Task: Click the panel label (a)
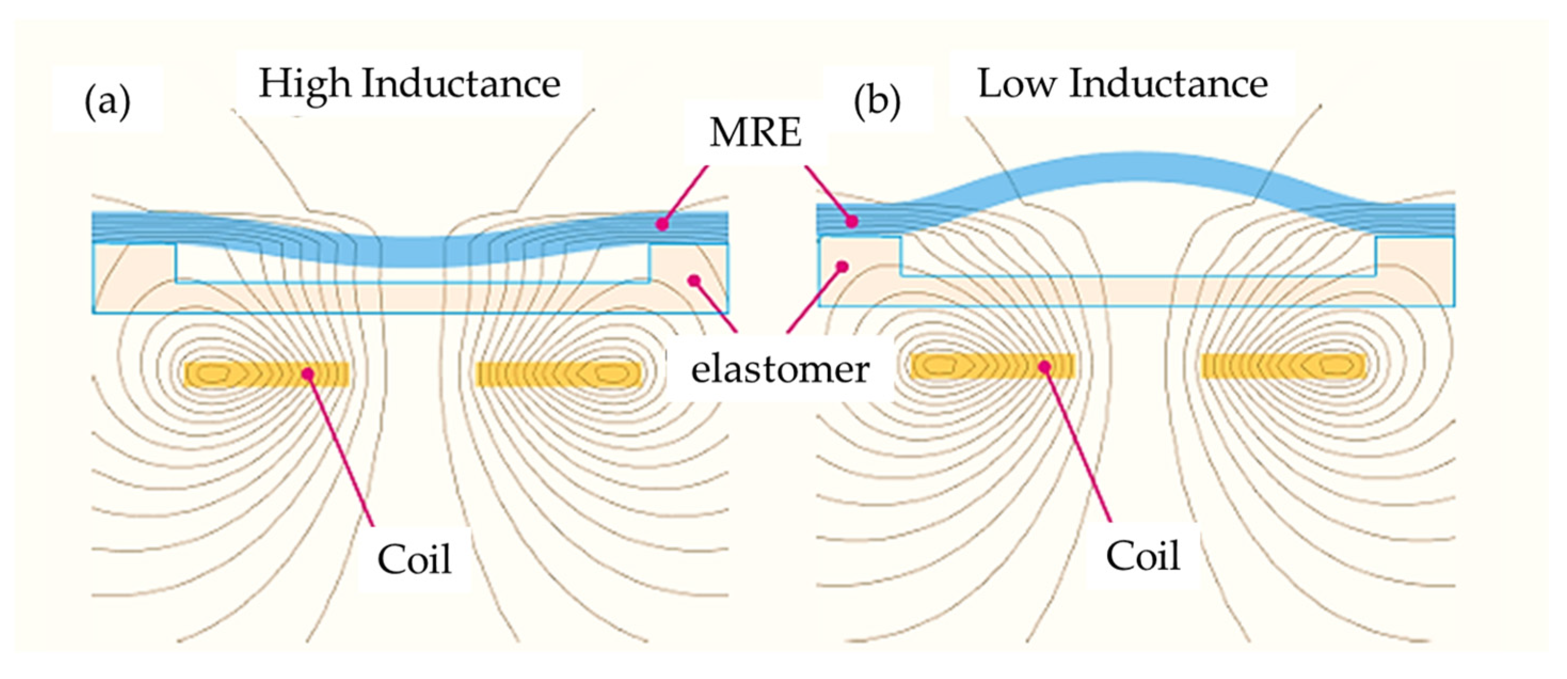click(x=107, y=101)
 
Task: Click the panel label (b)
click(x=877, y=101)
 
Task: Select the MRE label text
click(x=755, y=132)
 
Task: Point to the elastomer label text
click(x=779, y=369)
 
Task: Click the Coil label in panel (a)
click(x=414, y=559)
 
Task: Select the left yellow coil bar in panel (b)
click(x=992, y=366)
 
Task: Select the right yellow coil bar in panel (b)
click(x=1284, y=366)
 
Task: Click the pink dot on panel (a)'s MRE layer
click(x=662, y=225)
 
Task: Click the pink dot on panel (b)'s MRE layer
click(x=852, y=221)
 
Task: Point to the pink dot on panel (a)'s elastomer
click(x=693, y=280)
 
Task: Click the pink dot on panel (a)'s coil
click(x=308, y=373)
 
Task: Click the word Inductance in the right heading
click(x=1168, y=83)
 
